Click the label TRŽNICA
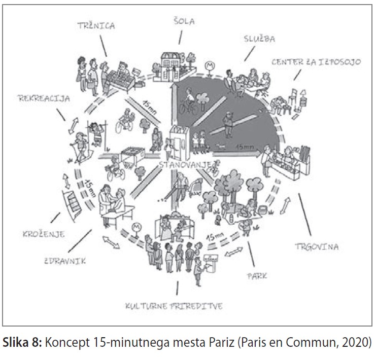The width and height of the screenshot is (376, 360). tap(96, 25)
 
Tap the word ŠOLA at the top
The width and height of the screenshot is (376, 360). tap(184, 21)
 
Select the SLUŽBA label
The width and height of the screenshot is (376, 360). tap(259, 39)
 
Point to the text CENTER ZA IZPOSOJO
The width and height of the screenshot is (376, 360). tap(316, 62)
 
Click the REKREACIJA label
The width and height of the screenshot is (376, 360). tap(44, 98)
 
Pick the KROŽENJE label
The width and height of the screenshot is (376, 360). tap(44, 234)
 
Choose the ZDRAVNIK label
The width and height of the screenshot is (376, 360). tap(65, 261)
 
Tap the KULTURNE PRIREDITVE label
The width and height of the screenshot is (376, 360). tap(174, 306)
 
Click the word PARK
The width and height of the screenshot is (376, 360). tap(257, 276)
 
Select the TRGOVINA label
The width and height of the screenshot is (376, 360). tap(317, 246)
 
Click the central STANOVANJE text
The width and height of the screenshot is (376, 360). tap(185, 165)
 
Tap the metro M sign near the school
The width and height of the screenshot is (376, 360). tap(210, 66)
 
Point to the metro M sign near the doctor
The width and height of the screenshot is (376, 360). tap(136, 228)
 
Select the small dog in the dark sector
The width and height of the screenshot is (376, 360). tap(220, 146)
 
